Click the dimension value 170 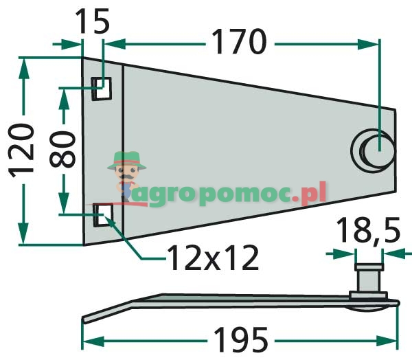pyautogui.click(x=238, y=43)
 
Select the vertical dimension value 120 pyautogui.click(x=22, y=150)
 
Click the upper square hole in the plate pyautogui.click(x=102, y=88)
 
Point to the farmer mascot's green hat pyautogui.click(x=126, y=159)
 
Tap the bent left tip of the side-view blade pyautogui.click(x=87, y=317)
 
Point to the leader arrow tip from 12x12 pyautogui.click(x=106, y=217)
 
